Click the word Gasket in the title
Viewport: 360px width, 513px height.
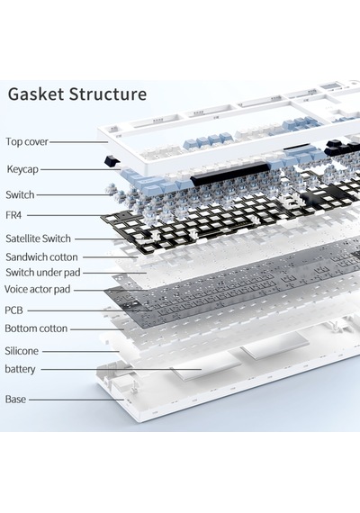tap(36, 94)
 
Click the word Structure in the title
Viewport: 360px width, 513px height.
tap(108, 94)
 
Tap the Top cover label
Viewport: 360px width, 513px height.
tap(27, 141)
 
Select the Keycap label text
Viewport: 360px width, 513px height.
tap(22, 169)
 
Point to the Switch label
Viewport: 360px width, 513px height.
tap(20, 194)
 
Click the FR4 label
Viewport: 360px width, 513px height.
tap(13, 215)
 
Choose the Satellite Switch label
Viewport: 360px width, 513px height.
tap(38, 238)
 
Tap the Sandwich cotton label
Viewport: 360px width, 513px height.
tap(41, 256)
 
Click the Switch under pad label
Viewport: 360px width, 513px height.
tap(43, 272)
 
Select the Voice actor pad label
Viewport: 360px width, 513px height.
tap(37, 289)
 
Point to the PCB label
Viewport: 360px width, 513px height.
tap(13, 310)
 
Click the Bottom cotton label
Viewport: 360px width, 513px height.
tap(36, 328)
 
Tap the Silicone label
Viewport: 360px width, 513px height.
tap(22, 351)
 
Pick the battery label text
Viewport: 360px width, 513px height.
tap(20, 369)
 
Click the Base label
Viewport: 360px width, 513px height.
tap(15, 399)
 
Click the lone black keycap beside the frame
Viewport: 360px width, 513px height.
tap(112, 160)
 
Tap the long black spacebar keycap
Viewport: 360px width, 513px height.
tap(229, 173)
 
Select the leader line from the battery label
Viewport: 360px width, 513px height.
tap(121, 369)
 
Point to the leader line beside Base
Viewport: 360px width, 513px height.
tap(76, 400)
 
